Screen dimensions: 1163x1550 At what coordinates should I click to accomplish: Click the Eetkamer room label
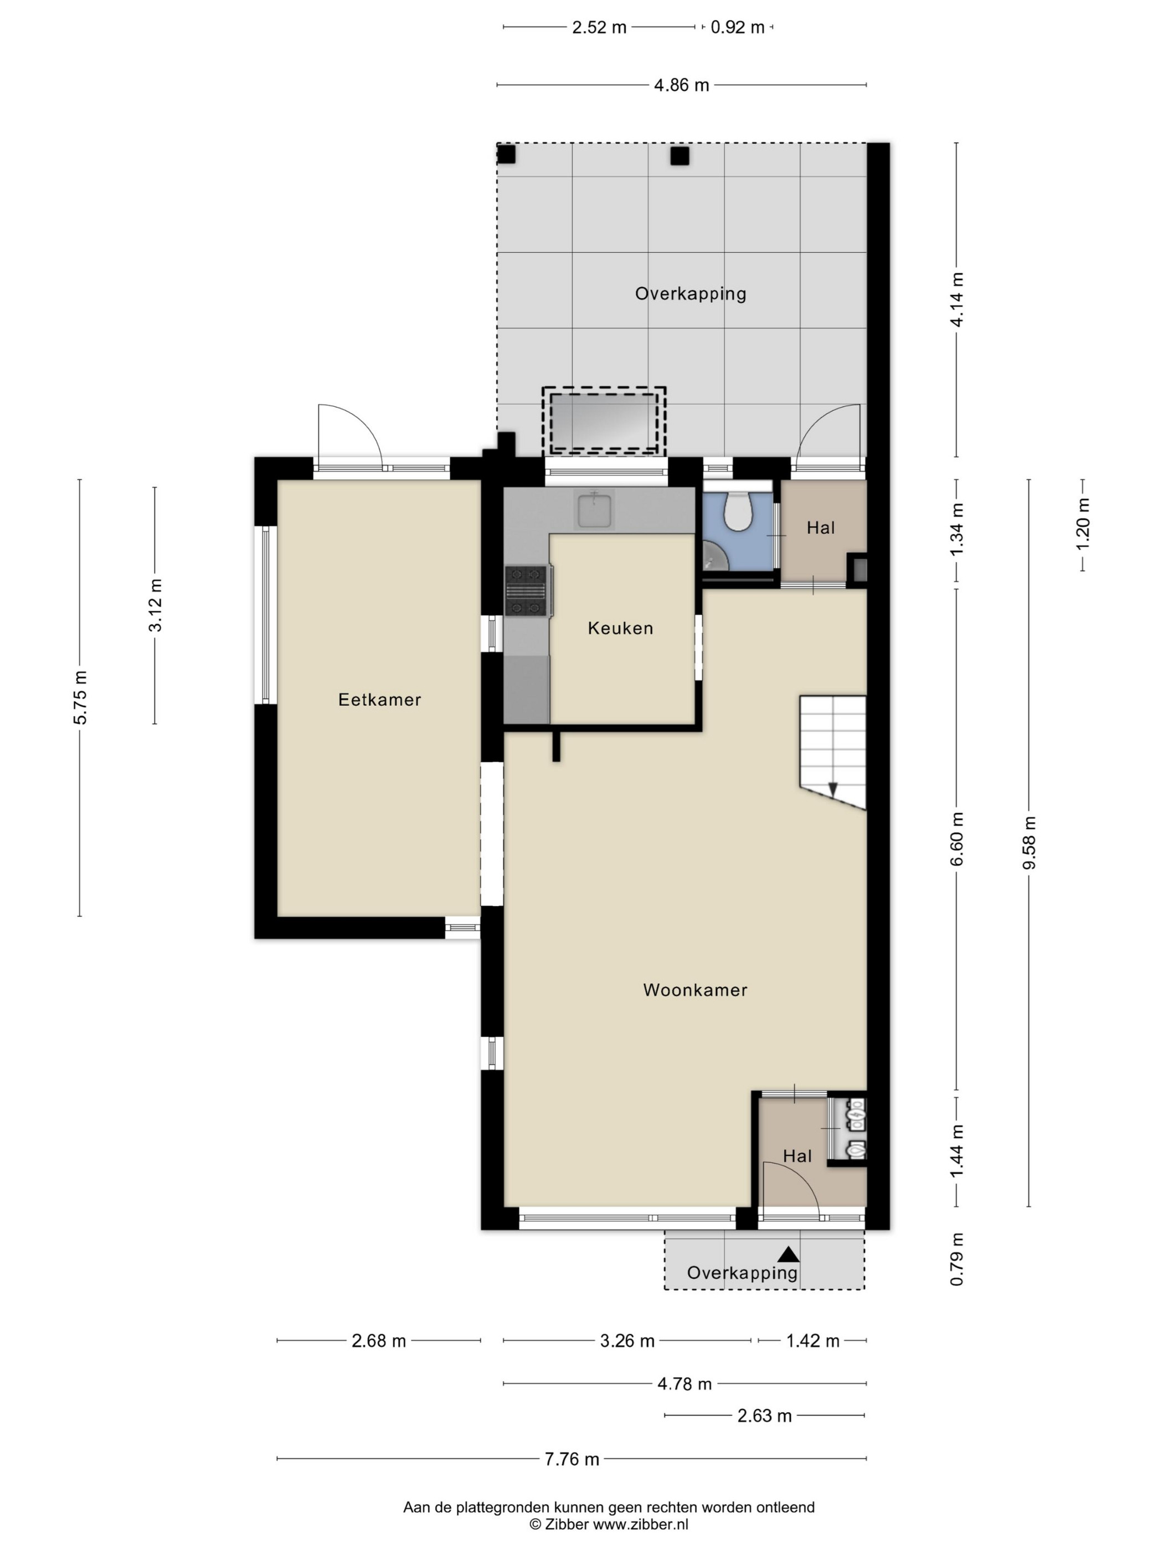coord(379,699)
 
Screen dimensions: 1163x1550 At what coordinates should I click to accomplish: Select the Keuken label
coord(620,628)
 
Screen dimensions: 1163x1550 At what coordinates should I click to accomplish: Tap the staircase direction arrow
coord(833,788)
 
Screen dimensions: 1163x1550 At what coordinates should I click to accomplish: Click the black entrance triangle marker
coord(789,1254)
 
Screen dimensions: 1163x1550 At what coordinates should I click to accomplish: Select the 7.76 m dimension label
coord(572,1458)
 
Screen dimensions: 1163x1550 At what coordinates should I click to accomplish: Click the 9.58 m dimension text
coord(1028,843)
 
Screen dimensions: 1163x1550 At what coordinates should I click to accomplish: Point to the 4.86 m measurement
coord(681,85)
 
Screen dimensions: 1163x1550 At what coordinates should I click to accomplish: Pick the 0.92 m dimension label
coord(738,27)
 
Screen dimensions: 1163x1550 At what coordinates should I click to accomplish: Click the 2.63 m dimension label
coord(764,1415)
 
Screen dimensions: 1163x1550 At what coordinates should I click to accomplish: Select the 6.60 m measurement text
coord(957,839)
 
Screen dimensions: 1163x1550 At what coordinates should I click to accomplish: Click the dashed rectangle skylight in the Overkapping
coord(604,422)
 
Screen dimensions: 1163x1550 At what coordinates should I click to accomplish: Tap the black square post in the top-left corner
coord(506,154)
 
